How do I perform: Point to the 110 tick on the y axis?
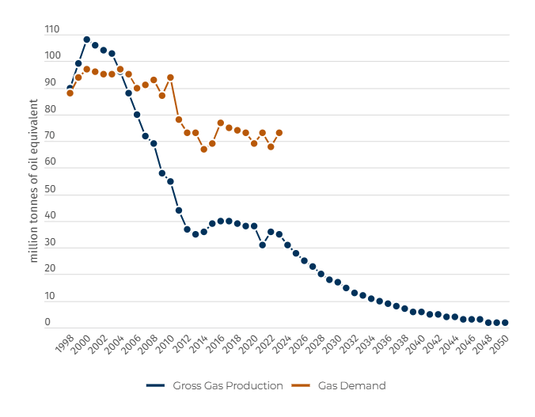52,30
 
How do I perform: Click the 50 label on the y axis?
52,190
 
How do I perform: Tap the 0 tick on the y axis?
47,323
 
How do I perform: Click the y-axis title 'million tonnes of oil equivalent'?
34,180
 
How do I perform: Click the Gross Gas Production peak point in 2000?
86,40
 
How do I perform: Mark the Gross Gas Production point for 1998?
70,88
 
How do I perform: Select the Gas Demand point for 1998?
70,93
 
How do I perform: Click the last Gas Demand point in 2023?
279,133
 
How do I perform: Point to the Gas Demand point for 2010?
170,78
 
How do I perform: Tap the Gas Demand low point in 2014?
203,149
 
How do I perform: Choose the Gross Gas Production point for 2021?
262,245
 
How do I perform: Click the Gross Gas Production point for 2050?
505,323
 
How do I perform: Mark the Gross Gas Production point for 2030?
337,282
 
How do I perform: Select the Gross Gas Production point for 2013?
195,234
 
